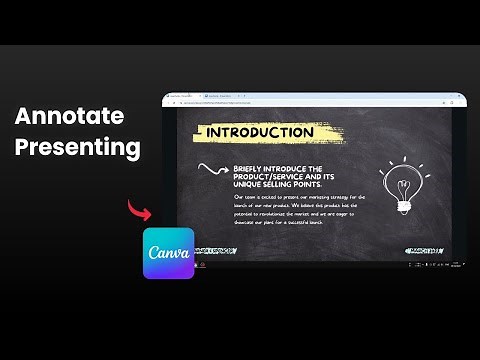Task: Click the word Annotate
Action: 70,116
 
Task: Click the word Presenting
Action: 78,149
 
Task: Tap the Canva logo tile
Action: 168,252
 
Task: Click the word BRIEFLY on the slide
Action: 251,169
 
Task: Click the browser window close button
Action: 460,96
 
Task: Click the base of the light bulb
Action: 404,206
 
